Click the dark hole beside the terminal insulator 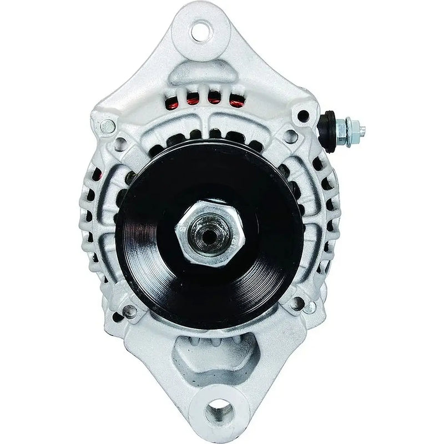point(303,115)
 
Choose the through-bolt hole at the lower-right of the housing point(299,303)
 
